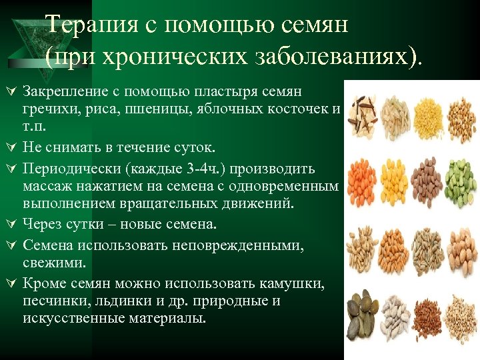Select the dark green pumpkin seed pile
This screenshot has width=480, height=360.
[x=363, y=307]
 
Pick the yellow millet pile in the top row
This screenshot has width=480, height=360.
[x=427, y=109]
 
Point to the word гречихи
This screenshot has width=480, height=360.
[x=45, y=108]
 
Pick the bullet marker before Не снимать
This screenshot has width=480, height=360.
[x=10, y=144]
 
